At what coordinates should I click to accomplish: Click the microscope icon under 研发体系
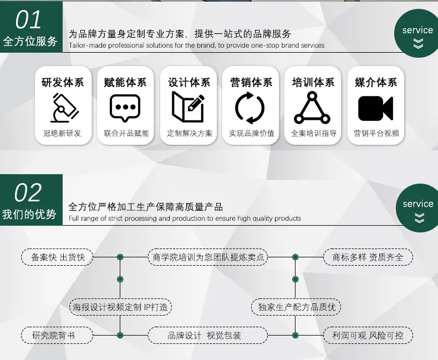coord(64,108)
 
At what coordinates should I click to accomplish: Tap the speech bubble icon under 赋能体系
coord(125,108)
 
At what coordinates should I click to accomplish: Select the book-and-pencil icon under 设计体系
coord(188,107)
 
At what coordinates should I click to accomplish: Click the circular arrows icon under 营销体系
coord(249,108)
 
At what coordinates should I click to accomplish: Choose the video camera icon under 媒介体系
coord(375,109)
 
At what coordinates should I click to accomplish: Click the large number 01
coord(28,19)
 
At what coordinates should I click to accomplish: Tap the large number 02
coord(28,192)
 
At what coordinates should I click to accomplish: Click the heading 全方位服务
coord(30,42)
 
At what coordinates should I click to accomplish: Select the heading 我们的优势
coord(29,214)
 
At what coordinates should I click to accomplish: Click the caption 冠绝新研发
coord(62,133)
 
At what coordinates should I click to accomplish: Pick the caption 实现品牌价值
coord(252,133)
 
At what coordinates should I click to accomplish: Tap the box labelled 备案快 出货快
coord(57,257)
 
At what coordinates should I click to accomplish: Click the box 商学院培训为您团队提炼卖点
coord(208,257)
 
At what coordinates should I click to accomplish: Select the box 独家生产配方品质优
coord(296,307)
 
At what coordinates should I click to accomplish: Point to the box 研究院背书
coord(57,336)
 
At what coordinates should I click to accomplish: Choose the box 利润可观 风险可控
coord(368,336)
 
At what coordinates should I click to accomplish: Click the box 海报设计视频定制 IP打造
coord(120,307)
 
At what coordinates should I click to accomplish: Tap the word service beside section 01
coord(417,30)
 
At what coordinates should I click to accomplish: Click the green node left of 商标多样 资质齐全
coord(296,257)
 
